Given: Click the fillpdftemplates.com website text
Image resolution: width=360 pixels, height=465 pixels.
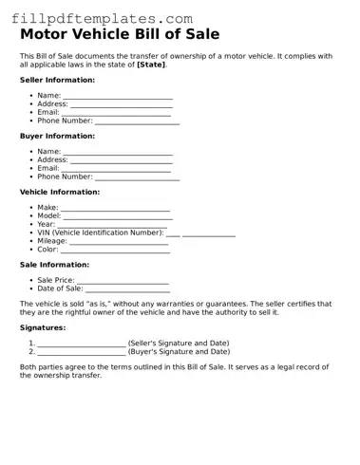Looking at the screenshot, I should pyautogui.click(x=102, y=18).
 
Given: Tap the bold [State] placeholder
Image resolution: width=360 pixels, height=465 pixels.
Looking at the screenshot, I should pyautogui.click(x=151, y=65).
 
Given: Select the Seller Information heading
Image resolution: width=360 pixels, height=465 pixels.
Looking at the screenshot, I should pyautogui.click(x=56, y=81).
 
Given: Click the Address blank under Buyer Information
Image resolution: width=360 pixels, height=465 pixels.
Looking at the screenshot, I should pyautogui.click(x=122, y=160).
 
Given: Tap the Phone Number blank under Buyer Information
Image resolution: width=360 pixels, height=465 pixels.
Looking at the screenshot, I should pyautogui.click(x=137, y=177).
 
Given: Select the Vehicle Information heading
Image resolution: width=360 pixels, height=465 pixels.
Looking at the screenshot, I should pyautogui.click(x=60, y=193).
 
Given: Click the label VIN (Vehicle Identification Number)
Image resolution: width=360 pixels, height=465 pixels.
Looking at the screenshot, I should pyautogui.click(x=101, y=232).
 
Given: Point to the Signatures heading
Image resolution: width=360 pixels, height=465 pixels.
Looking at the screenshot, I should pyautogui.click(x=43, y=327).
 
